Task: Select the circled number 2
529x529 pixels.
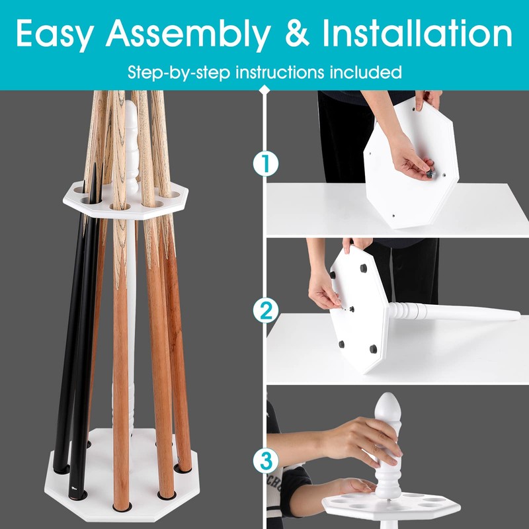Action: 266,309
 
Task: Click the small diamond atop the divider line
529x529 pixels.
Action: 266,89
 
